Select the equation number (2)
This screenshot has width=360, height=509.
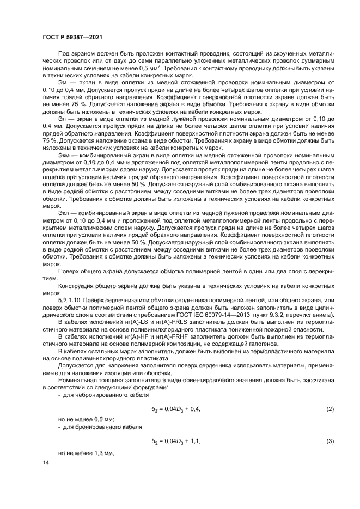click(x=330, y=408)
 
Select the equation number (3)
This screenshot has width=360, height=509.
click(x=330, y=441)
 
